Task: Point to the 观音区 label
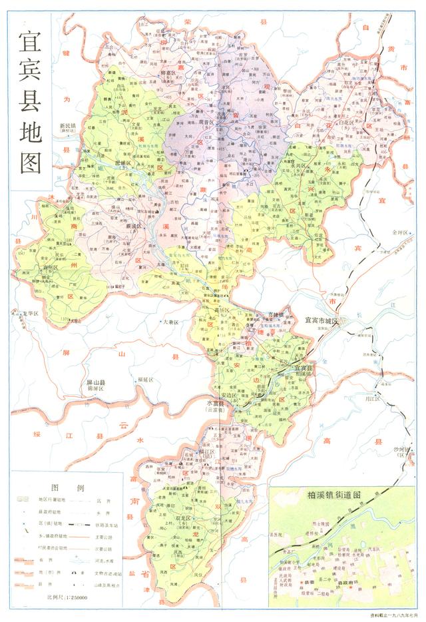point(202,123)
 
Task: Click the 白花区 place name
point(350,123)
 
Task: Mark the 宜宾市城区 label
point(322,321)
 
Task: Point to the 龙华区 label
point(32,312)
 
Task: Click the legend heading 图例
point(68,487)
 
